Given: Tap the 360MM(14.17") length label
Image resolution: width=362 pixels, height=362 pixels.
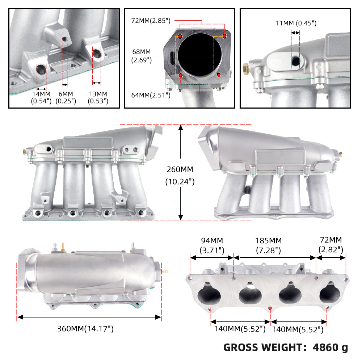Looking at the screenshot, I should [x=86, y=329].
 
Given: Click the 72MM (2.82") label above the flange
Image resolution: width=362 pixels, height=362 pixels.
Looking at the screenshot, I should [x=331, y=244].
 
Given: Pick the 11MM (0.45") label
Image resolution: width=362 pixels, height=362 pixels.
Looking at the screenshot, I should [x=295, y=24].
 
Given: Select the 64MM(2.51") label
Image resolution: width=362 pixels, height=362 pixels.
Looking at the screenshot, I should [x=151, y=95].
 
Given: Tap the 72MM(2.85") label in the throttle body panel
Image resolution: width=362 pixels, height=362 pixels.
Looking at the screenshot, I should [x=151, y=21].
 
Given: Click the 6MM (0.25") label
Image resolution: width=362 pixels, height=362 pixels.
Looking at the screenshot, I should [x=66, y=97].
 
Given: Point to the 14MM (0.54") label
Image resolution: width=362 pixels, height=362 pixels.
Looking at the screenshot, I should [x=41, y=97].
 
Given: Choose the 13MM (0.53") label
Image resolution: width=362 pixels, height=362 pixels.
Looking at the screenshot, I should [x=98, y=97].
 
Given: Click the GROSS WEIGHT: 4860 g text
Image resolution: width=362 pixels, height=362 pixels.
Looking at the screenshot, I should [x=286, y=348].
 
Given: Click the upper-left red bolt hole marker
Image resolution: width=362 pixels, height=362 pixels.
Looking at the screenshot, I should [x=180, y=37].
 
